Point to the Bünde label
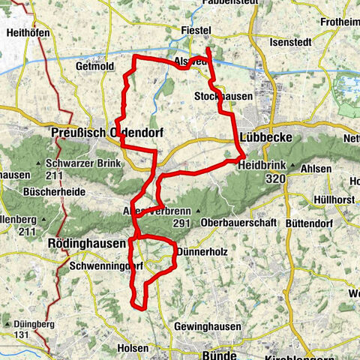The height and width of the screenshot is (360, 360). coord(198,351)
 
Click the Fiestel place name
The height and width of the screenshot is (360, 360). coord(198,31)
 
